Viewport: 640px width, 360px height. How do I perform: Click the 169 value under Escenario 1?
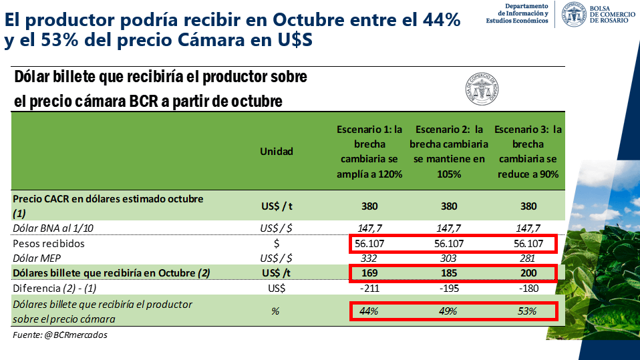click(369, 273)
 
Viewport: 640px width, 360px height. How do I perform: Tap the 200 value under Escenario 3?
click(528, 273)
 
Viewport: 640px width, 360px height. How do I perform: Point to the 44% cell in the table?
click(369, 311)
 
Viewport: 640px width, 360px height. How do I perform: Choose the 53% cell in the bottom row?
click(528, 311)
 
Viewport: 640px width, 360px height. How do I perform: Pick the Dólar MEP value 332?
click(369, 258)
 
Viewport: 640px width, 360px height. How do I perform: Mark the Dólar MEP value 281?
click(528, 258)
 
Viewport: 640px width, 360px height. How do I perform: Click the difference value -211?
click(369, 289)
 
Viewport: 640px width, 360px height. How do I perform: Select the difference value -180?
click(528, 289)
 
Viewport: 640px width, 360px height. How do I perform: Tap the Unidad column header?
click(277, 152)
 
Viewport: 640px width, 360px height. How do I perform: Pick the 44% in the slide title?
click(442, 20)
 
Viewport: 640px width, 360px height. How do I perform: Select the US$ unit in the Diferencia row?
click(277, 289)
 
